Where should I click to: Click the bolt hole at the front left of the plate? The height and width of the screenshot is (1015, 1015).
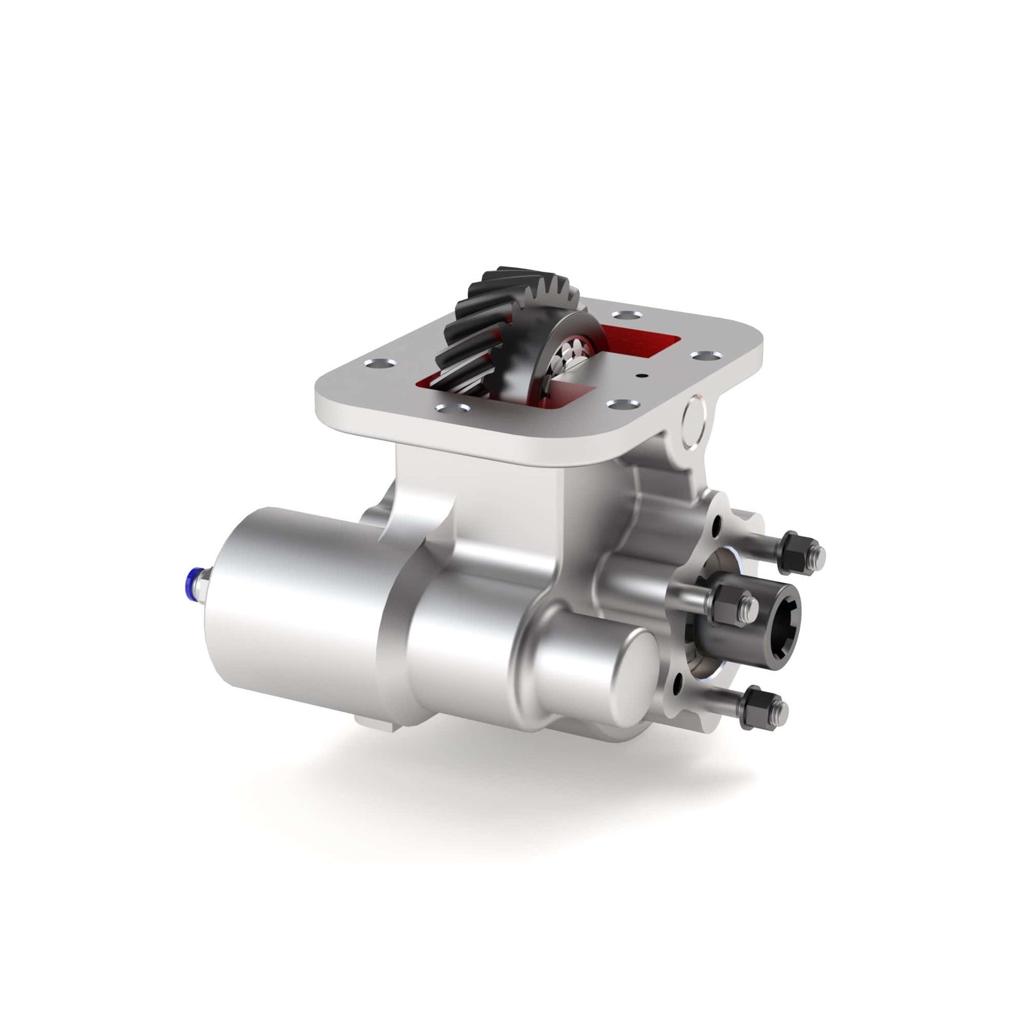pos(454,410)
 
